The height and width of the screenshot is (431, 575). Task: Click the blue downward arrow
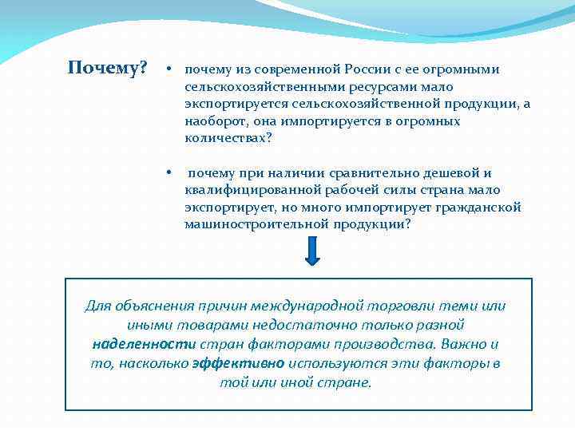[x=312, y=251]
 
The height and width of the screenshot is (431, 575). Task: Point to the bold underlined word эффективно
[x=238, y=363]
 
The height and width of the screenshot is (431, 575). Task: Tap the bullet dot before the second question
[x=169, y=172]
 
